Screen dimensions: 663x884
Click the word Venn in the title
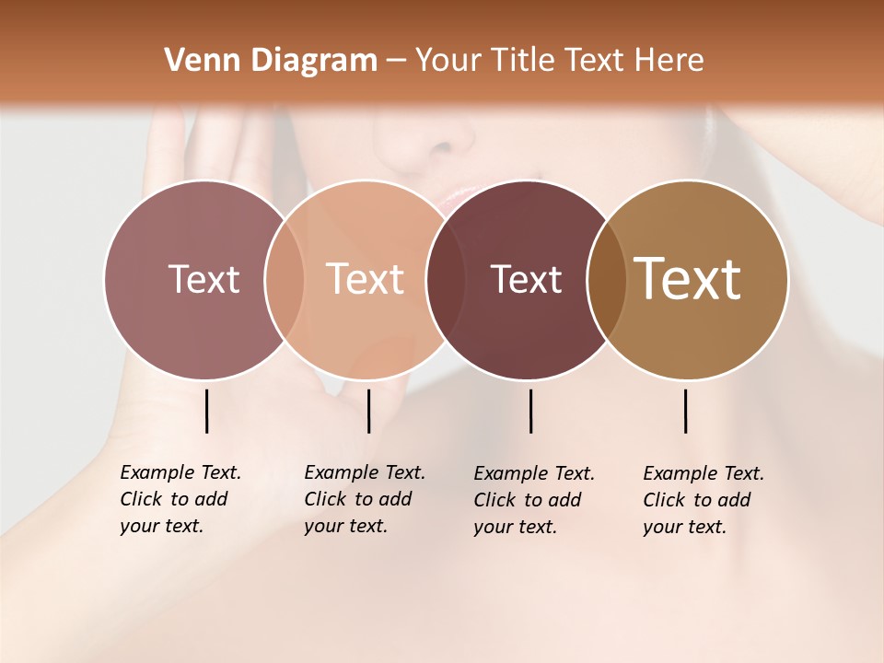(192, 61)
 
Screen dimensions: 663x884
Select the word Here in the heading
(671, 61)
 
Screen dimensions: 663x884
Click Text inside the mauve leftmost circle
(204, 279)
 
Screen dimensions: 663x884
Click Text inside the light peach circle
(365, 279)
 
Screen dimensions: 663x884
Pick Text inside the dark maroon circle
(526, 279)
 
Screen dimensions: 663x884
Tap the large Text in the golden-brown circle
(688, 279)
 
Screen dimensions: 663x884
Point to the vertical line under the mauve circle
(206, 411)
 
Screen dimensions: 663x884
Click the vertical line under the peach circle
(368, 411)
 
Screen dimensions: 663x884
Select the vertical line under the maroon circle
(530, 411)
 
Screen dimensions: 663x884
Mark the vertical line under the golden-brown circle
(685, 411)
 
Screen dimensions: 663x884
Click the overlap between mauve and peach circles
(285, 279)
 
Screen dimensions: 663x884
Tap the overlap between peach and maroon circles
(446, 279)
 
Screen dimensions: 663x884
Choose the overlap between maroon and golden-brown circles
(607, 279)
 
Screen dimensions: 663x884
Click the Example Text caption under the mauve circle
(180, 499)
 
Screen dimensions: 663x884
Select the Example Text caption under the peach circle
(364, 499)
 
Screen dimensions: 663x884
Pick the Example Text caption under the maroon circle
(533, 500)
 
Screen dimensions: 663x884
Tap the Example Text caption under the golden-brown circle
(703, 500)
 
